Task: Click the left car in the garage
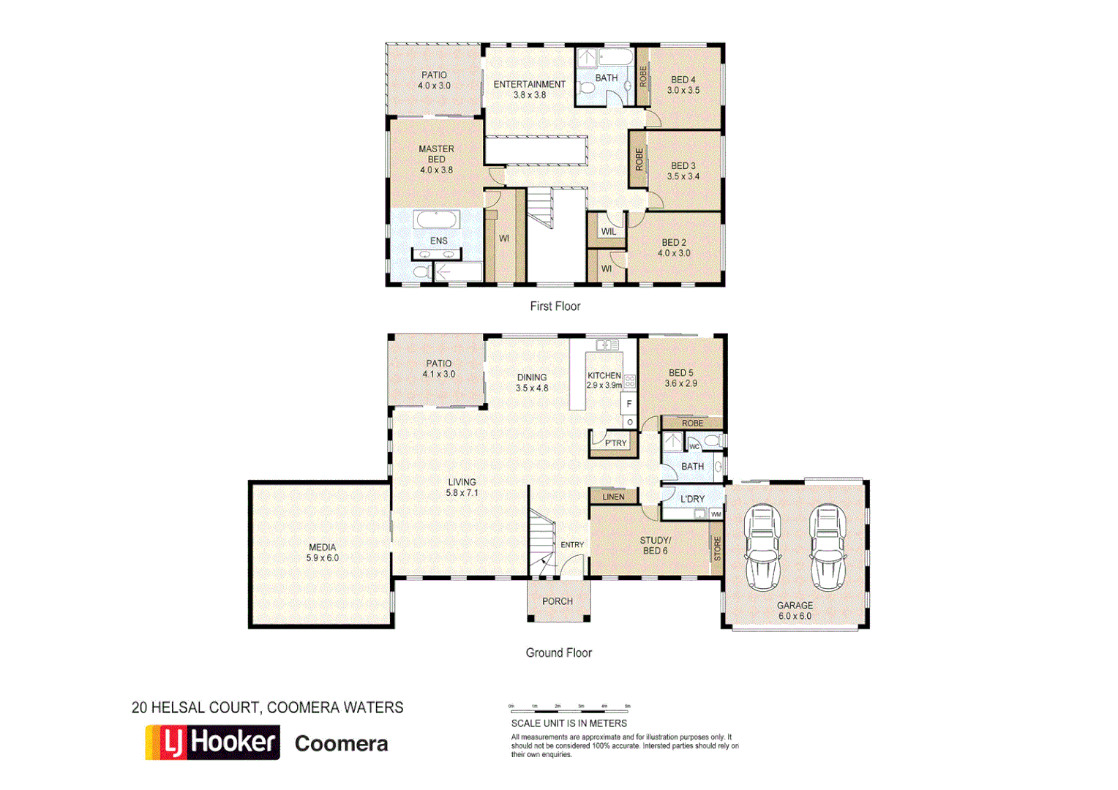(762, 547)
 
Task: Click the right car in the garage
(828, 547)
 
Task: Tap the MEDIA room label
(322, 547)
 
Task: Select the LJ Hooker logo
(212, 742)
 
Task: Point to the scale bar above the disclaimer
(569, 708)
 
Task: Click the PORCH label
(558, 601)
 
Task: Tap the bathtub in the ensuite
(437, 219)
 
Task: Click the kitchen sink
(607, 345)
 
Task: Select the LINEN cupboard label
(613, 497)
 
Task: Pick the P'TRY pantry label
(615, 443)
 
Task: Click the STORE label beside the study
(717, 548)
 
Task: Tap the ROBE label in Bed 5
(692, 424)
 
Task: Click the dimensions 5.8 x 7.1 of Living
(462, 493)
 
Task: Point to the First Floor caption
(555, 306)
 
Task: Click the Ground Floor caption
(558, 652)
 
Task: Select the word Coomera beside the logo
(341, 744)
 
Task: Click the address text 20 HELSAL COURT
(195, 707)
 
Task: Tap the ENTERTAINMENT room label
(529, 84)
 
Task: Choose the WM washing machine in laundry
(716, 514)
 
